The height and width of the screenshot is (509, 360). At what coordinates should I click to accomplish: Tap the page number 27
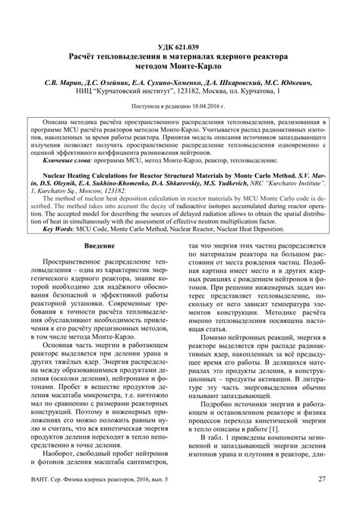pyautogui.click(x=321, y=498)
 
